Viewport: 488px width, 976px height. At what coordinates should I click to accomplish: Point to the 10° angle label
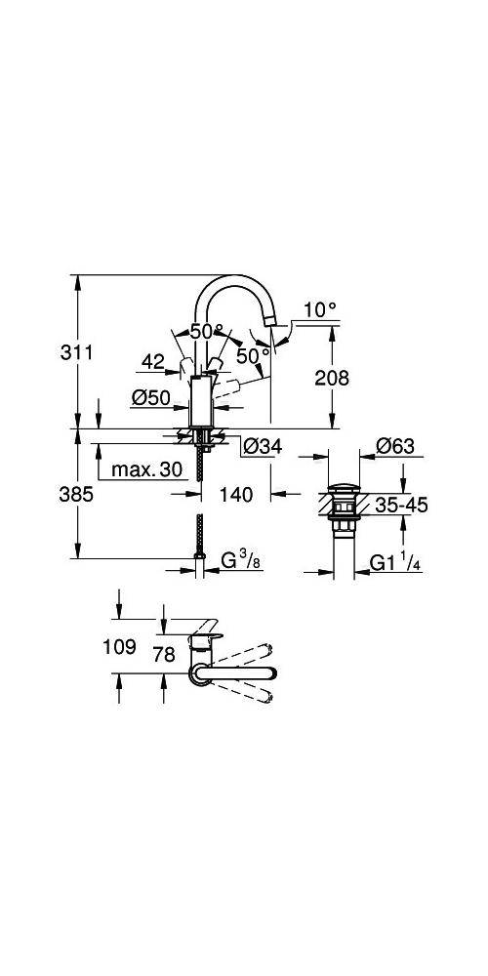pyautogui.click(x=319, y=308)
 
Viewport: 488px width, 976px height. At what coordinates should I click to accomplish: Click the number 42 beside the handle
pyautogui.click(x=152, y=361)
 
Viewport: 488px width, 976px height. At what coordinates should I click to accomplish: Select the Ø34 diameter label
pyautogui.click(x=262, y=446)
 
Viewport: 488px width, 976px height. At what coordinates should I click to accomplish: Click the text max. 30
pyautogui.click(x=146, y=469)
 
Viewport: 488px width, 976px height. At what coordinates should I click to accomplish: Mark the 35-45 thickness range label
pyautogui.click(x=401, y=506)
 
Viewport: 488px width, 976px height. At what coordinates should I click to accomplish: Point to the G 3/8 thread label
pyautogui.click(x=239, y=561)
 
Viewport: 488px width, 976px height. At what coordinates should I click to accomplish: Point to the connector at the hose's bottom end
pyautogui.click(x=199, y=561)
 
